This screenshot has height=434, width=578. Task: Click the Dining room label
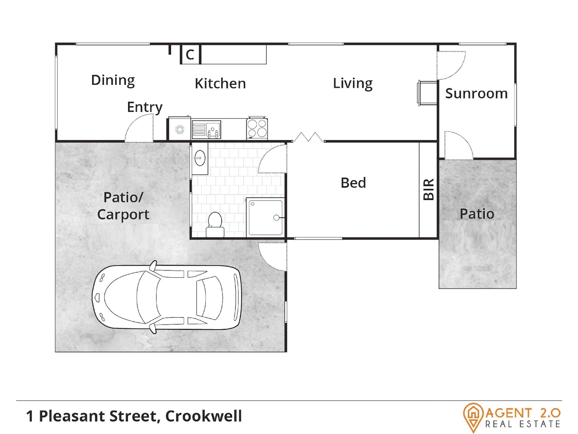(113, 80)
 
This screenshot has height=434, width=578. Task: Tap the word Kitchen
(220, 84)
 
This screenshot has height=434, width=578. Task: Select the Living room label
(353, 84)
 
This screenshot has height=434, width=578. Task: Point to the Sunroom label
(476, 94)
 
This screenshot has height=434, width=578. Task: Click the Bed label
(353, 183)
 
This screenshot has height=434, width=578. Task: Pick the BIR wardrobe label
(429, 189)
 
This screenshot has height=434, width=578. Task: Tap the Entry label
(145, 107)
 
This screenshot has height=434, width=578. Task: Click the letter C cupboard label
(190, 55)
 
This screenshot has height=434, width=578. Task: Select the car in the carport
(166, 297)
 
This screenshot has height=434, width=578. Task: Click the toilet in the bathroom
(215, 225)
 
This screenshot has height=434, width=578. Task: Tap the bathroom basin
(200, 158)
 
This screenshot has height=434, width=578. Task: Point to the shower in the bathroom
(266, 217)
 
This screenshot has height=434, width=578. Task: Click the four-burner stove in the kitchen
(257, 128)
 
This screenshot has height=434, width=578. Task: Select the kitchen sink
(206, 129)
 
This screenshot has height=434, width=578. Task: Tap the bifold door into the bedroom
(308, 137)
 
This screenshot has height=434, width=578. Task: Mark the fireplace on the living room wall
(427, 94)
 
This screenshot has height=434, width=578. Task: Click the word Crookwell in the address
(203, 416)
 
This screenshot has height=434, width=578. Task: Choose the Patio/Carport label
(123, 206)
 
